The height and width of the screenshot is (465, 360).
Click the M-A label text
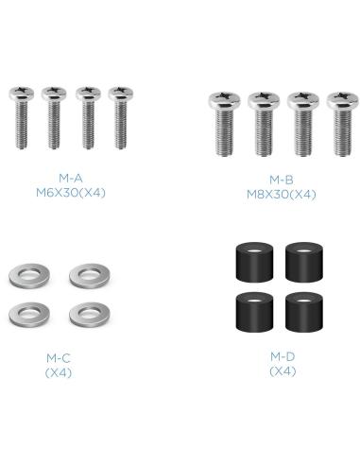[x=71, y=179]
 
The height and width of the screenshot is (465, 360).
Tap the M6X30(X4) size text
[x=71, y=193]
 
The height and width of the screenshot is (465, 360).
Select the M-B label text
[x=282, y=180]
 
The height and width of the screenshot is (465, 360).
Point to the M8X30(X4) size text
[x=282, y=195]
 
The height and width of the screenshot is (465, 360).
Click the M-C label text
[x=59, y=358]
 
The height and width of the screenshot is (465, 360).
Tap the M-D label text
[x=283, y=356]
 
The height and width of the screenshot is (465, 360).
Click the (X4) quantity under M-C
[x=59, y=373]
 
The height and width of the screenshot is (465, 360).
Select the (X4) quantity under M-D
[x=283, y=371]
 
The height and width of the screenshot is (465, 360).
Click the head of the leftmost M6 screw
[x=22, y=93]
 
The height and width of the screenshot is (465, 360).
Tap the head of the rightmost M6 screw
[x=121, y=93]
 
